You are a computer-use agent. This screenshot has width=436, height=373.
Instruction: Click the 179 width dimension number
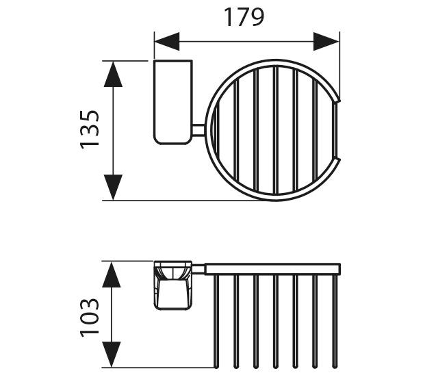[x=244, y=17]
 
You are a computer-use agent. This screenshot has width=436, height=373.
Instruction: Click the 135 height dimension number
[x=90, y=129]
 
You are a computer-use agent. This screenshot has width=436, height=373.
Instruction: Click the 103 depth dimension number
[x=90, y=318]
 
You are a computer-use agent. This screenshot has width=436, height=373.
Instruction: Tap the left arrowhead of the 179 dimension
[x=167, y=42]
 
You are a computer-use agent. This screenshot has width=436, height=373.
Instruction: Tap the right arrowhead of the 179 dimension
[x=326, y=42]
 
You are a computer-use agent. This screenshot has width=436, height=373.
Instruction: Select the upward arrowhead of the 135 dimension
[x=113, y=74]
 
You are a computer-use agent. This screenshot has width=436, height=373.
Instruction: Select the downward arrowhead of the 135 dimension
[x=113, y=187]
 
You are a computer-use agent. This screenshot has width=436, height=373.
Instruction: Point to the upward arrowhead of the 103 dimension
[x=112, y=275]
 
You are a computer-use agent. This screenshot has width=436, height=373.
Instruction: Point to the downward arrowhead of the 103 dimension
[x=112, y=355]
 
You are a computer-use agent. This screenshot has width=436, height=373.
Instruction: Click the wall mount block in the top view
[x=173, y=102]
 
